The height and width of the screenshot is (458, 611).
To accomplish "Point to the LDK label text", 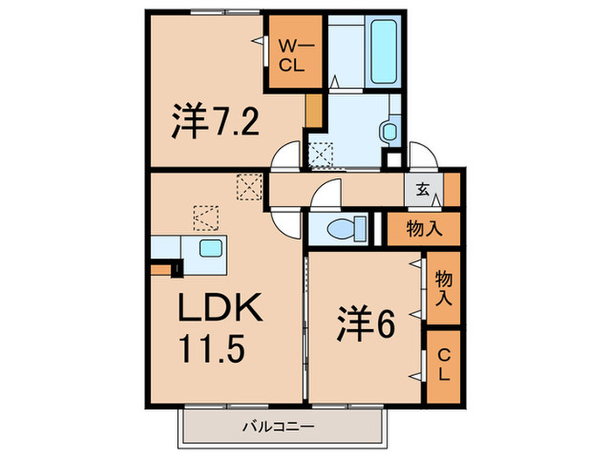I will (217, 310).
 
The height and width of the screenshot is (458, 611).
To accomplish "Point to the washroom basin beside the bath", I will (388, 131).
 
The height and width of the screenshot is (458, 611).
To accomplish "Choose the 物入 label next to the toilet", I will (424, 229).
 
